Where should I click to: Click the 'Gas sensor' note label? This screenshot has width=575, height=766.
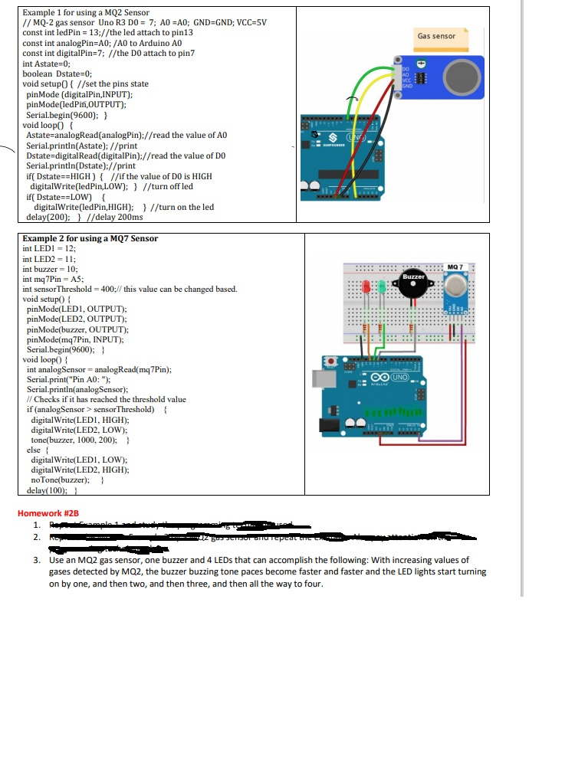click(436, 36)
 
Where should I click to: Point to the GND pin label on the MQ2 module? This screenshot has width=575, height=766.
click(406, 87)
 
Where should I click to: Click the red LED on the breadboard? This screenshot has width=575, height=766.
click(366, 288)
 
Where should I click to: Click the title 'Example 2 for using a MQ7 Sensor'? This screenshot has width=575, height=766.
click(90, 238)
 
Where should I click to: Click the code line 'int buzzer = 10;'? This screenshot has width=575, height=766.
click(51, 269)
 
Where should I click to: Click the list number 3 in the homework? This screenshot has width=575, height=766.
click(37, 561)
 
